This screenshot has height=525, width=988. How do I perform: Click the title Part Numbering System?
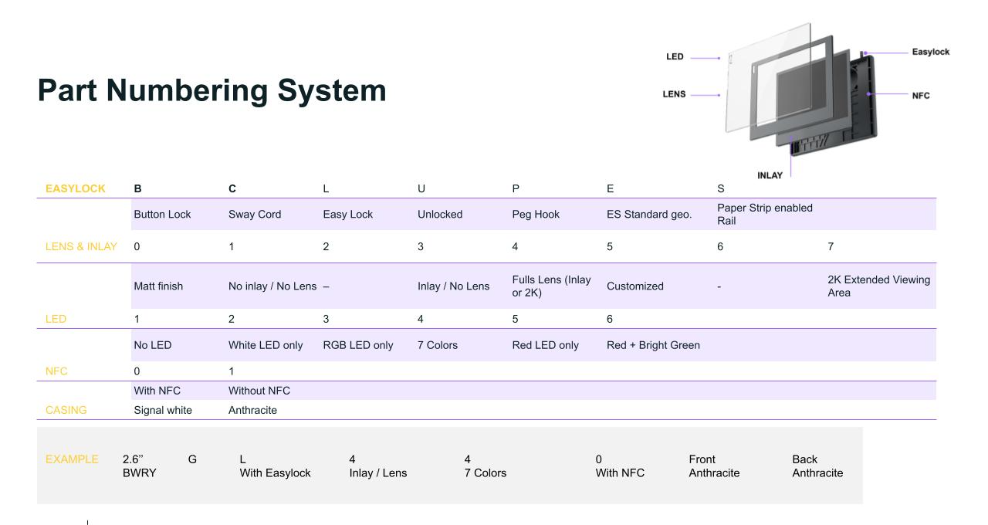click(211, 90)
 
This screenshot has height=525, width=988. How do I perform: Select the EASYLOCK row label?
click(76, 189)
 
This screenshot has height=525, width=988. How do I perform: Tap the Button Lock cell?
click(162, 215)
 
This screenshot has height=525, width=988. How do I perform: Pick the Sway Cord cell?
click(255, 215)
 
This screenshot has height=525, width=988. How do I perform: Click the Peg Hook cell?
click(536, 215)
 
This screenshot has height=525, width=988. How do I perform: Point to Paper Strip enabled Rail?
click(765, 214)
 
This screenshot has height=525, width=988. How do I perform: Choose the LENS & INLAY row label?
click(81, 246)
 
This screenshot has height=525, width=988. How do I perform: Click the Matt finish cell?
click(158, 286)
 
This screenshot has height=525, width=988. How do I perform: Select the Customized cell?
click(634, 286)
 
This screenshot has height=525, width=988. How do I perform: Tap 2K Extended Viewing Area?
click(878, 286)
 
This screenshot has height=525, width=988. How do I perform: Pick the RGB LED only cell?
click(357, 345)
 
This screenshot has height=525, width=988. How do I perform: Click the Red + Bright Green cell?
click(653, 345)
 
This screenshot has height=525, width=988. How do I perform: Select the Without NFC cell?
click(259, 391)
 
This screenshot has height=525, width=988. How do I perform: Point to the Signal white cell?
click(163, 410)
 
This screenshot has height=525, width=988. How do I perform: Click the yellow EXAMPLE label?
click(72, 459)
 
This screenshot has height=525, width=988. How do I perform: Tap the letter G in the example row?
click(192, 459)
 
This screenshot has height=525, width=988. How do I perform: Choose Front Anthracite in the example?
click(714, 466)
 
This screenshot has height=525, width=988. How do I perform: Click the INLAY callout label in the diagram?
click(770, 175)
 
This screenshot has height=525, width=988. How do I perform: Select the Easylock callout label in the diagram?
click(931, 52)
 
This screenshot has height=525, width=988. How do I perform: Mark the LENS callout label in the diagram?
click(674, 94)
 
